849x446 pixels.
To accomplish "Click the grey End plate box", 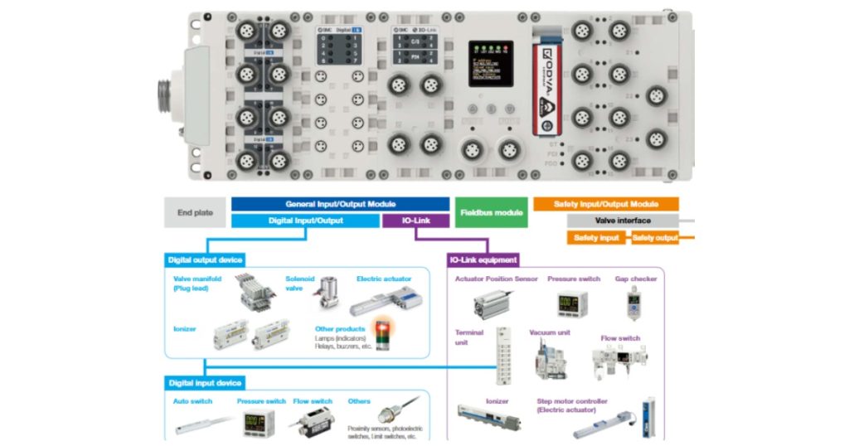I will (x=195, y=213).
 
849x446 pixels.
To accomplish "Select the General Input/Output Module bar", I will (x=340, y=204).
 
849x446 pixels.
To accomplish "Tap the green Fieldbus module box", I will (x=491, y=213).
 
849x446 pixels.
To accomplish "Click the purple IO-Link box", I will (x=415, y=221).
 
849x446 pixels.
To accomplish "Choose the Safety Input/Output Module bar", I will (x=605, y=204).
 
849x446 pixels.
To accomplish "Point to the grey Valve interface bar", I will (x=623, y=221).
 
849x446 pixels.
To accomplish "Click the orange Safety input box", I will (x=597, y=238).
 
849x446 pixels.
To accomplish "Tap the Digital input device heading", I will (x=205, y=383).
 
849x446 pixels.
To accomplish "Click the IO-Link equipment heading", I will (x=483, y=259).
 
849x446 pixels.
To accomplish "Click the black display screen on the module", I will (x=490, y=64).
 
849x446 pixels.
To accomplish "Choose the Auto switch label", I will (x=192, y=401).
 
